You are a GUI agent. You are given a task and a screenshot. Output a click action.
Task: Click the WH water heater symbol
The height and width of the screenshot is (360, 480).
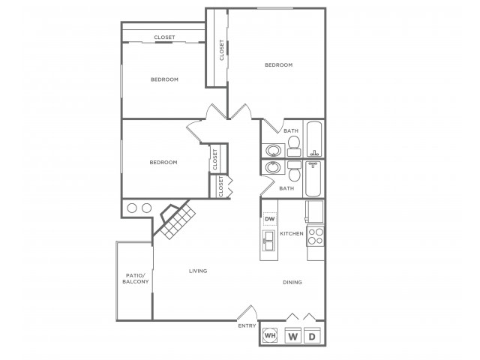pyautogui.click(x=270, y=335)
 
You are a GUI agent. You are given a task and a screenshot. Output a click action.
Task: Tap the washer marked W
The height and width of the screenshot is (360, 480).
pyautogui.click(x=293, y=335)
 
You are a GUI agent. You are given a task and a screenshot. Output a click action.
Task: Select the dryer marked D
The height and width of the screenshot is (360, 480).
pyautogui.click(x=312, y=335)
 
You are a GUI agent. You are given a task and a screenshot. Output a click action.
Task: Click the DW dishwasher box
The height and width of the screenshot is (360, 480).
pyautogui.click(x=270, y=219)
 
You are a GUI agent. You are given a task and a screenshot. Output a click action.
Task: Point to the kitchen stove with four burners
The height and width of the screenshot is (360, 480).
pyautogui.click(x=315, y=236)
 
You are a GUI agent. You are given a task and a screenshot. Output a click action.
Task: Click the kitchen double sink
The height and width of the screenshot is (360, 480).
pyautogui.click(x=268, y=241)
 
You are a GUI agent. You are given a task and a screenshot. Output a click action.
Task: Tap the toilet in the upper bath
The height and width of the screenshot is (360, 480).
pyautogui.click(x=294, y=145)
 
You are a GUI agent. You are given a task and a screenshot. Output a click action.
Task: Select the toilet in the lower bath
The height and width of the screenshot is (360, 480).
pyautogui.click(x=295, y=171)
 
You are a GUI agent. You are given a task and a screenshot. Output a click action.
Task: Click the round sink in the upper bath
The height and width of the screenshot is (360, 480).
pyautogui.click(x=273, y=150)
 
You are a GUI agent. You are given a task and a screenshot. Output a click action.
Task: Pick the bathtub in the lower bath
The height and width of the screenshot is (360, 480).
pyautogui.click(x=313, y=179)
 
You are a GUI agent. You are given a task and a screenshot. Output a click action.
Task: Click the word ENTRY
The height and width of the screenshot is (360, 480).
pyautogui.click(x=247, y=326)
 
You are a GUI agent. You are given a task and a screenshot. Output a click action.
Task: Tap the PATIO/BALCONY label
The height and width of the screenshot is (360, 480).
pyautogui.click(x=136, y=278)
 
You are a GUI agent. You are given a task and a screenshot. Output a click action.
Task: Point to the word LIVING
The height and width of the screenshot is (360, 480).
pyautogui.click(x=198, y=271)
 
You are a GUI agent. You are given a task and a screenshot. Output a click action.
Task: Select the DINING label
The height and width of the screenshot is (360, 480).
pyautogui.click(x=292, y=282)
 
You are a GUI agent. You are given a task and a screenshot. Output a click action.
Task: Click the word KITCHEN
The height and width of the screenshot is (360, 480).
pyautogui.click(x=292, y=233)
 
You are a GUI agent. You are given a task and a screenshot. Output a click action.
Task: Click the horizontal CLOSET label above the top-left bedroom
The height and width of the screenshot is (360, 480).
pyautogui.click(x=165, y=37)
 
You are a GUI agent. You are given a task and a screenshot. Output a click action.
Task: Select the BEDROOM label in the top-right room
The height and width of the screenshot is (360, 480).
pyautogui.click(x=278, y=65)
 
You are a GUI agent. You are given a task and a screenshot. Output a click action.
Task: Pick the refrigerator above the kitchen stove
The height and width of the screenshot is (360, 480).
pyautogui.click(x=314, y=211)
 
